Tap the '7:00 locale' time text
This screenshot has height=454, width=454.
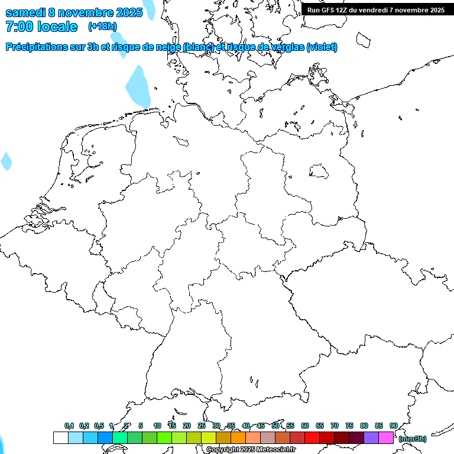[41, 27]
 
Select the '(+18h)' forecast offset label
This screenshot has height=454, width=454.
[102, 26]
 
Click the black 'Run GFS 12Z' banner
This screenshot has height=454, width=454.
[376, 10]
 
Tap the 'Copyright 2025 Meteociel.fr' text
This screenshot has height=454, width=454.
[251, 449]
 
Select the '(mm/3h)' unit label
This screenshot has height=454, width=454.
[413, 439]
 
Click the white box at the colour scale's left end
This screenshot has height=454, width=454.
[61, 437]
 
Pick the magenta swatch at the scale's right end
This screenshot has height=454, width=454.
[386, 437]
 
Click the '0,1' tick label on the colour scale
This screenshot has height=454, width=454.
[69, 426]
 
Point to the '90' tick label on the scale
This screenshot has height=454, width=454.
[394, 426]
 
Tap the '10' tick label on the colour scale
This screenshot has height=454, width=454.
[157, 426]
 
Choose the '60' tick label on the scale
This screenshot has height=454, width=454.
[305, 426]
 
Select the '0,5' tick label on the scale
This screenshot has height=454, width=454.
[99, 426]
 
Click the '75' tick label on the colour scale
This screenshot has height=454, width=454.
[349, 426]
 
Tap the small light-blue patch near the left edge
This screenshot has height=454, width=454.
[6, 161]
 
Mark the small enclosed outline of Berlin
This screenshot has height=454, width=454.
[319, 171]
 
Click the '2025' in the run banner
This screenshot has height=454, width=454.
[436, 10]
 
